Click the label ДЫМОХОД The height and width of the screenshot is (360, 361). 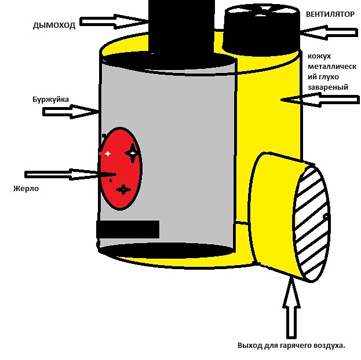coord(54,25)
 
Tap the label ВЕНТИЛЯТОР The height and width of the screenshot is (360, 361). coord(330,14)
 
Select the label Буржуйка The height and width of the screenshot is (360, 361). coord(50,100)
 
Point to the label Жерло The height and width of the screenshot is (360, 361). coord(26,189)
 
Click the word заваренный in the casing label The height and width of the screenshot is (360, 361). coord(328,87)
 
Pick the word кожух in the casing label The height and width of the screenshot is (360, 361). coord(319,56)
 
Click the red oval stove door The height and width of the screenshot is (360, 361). coord(121,168)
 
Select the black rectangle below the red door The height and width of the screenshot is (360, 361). coord(128,229)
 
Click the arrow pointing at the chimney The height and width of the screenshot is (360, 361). coord(114,21)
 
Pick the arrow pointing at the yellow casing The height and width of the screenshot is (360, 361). coord(320,100)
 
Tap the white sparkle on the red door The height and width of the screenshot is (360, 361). coord(108,153)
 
